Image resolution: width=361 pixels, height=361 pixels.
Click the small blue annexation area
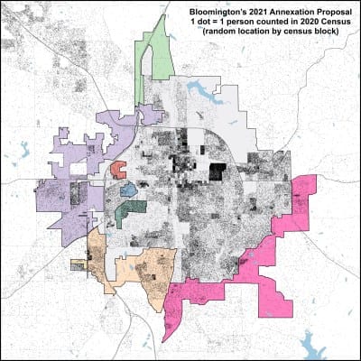128,190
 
